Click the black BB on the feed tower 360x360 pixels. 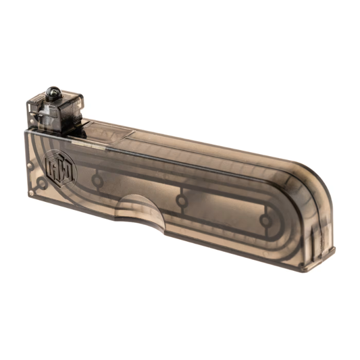pos(53,92)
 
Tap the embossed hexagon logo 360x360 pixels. pos(61,168)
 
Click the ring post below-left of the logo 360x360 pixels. pos(41,182)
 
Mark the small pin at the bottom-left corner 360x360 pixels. pos(31,193)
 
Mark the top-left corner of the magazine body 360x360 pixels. pos(27,132)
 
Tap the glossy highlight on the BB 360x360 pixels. pos(51,90)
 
